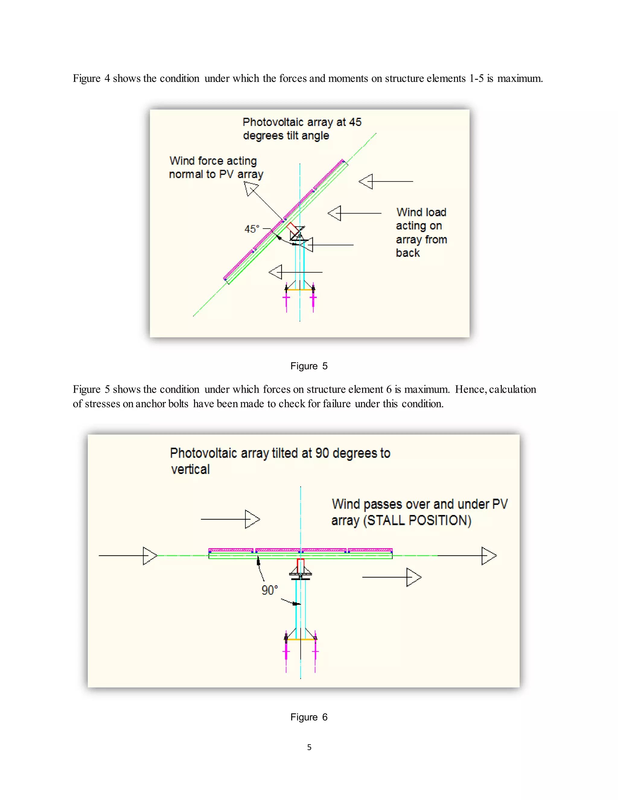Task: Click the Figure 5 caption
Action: (309, 366)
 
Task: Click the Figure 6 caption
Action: (309, 717)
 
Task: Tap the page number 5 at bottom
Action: (309, 747)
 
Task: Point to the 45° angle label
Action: (252, 229)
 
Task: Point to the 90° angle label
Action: (269, 590)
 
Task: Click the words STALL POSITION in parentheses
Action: (417, 520)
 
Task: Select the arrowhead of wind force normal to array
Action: (251, 189)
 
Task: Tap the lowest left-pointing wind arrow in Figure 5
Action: (295, 272)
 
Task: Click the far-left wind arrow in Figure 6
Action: (128, 556)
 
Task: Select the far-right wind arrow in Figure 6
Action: (467, 556)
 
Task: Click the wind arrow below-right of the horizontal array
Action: (392, 577)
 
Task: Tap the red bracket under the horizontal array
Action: (301, 566)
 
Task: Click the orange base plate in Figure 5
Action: (300, 290)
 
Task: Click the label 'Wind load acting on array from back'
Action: (421, 232)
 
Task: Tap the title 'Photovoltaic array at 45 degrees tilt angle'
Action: (301, 129)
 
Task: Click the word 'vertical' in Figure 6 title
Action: (190, 469)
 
